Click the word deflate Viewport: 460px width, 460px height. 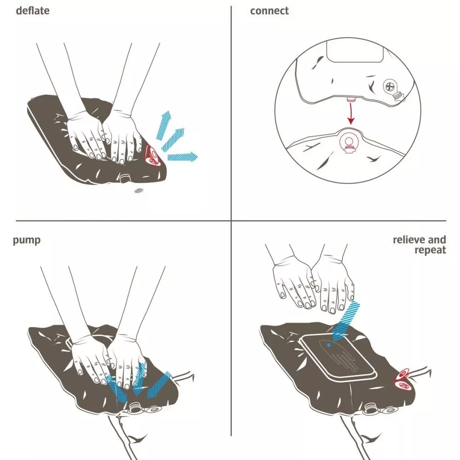pos(33,11)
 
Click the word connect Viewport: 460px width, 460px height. pos(269,11)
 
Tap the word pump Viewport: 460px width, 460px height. pos(27,240)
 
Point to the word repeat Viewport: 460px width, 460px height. pos(430,250)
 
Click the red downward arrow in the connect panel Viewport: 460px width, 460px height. pos(351,113)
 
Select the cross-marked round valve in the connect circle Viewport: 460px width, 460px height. pos(389,86)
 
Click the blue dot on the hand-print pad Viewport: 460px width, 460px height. pos(328,345)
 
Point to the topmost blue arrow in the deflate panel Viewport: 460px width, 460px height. pos(164,125)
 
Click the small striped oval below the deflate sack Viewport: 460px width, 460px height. pos(139,191)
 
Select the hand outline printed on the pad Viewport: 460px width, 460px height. pos(339,354)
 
